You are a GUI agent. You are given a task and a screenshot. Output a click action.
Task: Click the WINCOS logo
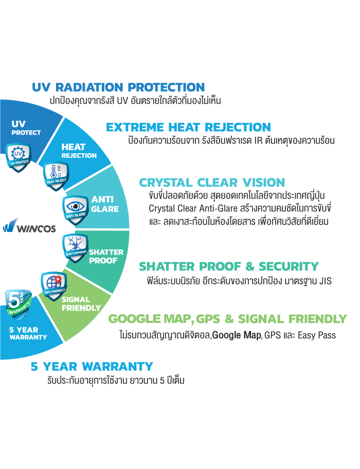[x=29, y=226]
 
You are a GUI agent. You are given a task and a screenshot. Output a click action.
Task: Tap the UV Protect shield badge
[x=18, y=157]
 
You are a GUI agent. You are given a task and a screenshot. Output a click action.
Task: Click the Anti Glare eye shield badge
[x=76, y=210]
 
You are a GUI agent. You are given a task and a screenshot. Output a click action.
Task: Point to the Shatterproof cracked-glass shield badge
[x=76, y=248]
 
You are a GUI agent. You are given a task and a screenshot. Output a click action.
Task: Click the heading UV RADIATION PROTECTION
[x=118, y=87]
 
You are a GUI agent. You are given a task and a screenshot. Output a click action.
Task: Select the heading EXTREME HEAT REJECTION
[x=188, y=127]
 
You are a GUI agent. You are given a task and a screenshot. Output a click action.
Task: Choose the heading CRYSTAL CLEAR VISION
[x=212, y=183]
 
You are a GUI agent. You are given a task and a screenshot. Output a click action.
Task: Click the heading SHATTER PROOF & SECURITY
[x=229, y=266]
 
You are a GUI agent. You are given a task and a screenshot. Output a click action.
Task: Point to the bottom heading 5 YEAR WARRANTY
[x=92, y=366]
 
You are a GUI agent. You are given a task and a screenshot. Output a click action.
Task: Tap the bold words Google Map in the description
[x=237, y=335]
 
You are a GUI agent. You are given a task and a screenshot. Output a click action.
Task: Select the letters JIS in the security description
[x=325, y=281]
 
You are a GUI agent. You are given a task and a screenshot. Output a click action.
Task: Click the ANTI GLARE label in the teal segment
[x=104, y=204]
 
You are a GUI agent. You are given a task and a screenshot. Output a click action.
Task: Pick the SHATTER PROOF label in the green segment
[x=106, y=256]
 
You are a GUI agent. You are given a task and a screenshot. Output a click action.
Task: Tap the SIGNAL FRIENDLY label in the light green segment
[x=81, y=303]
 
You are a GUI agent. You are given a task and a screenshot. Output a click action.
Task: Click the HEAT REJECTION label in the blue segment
[x=79, y=151]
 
